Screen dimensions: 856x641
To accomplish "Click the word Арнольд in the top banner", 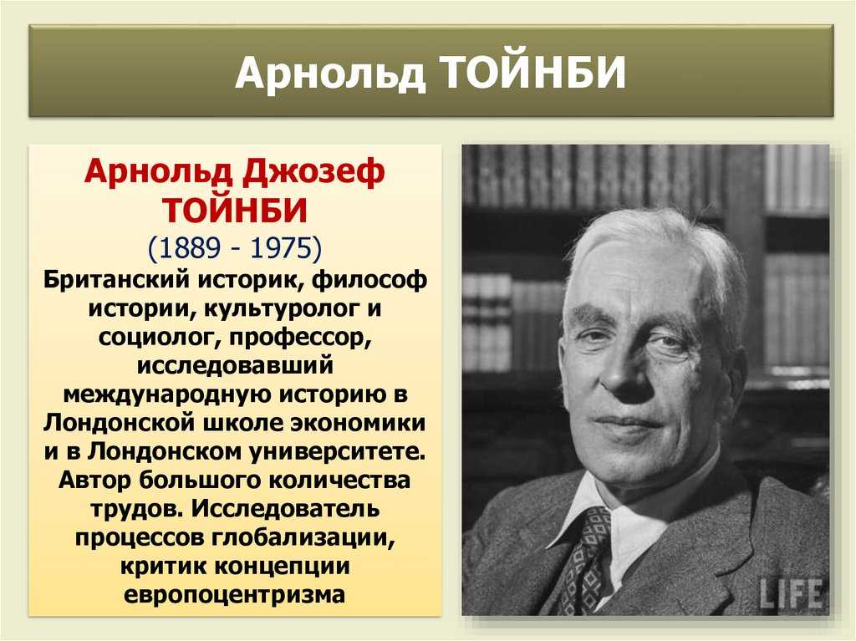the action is point(330,73).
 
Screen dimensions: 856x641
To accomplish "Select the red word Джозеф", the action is point(314,172).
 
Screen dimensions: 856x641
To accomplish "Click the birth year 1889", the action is point(189,247).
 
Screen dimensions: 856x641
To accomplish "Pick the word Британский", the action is point(116,280).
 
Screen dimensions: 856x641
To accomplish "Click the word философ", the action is point(369,281).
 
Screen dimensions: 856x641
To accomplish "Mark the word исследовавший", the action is point(235,365).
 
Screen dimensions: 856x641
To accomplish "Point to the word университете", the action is point(338,452).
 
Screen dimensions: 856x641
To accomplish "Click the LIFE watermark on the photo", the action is point(791,593).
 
